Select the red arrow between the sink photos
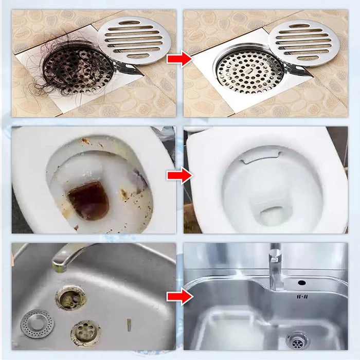click(x=179, y=297)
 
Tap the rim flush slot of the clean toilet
click(x=261, y=153)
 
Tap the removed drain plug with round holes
click(x=85, y=332)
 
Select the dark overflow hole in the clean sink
click(x=301, y=282)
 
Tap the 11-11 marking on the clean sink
click(x=301, y=296)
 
